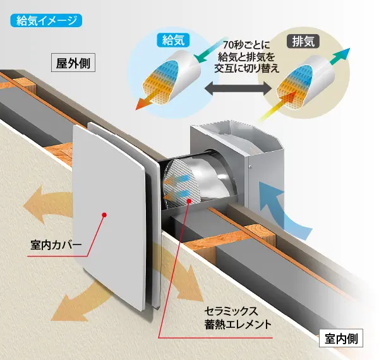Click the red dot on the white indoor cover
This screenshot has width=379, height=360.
(x=105, y=215)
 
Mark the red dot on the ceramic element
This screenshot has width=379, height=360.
(x=190, y=201)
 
